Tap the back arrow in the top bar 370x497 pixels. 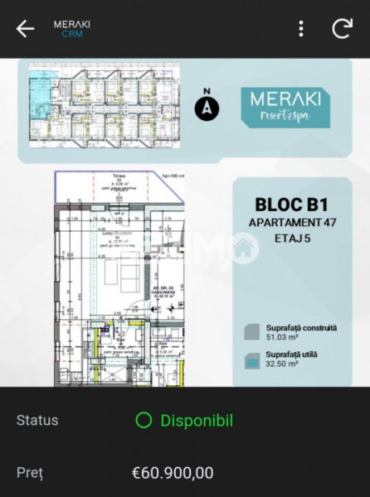point(26,28)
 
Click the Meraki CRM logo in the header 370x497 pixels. point(72,29)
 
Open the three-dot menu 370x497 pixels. point(301,28)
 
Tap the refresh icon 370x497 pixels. point(342,28)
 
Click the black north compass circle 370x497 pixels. point(207,109)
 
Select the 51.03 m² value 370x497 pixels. point(283,337)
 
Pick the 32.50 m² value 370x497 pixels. point(283,364)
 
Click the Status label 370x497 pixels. point(37,420)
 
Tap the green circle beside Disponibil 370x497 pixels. point(144,420)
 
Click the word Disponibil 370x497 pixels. point(197,420)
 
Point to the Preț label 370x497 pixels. point(29,473)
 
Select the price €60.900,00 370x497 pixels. point(173,473)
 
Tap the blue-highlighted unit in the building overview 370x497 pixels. point(42,86)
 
